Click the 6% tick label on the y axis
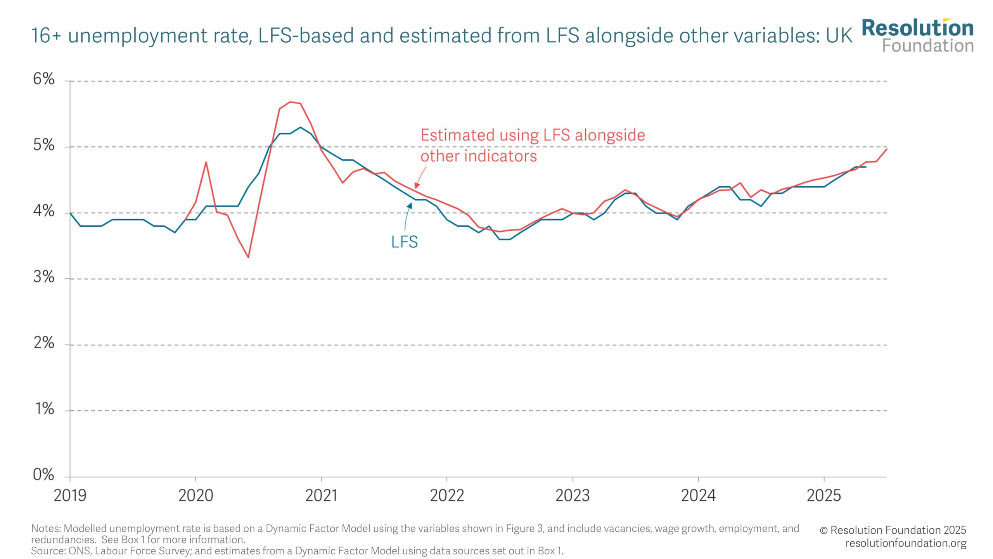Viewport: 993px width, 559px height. click(x=43, y=79)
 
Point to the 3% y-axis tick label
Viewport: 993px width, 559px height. click(x=43, y=277)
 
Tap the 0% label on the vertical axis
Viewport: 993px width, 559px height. click(x=43, y=475)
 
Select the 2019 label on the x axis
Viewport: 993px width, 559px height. click(x=70, y=496)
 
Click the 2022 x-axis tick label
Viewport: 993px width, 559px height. click(x=447, y=496)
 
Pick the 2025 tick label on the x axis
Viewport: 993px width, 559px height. click(x=824, y=496)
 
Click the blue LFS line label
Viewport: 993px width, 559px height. click(x=404, y=242)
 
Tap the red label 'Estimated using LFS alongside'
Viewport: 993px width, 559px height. click(x=533, y=135)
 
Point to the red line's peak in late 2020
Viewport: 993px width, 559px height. click(x=290, y=102)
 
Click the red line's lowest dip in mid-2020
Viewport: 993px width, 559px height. click(x=248, y=257)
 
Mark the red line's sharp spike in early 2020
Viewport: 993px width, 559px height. click(x=206, y=162)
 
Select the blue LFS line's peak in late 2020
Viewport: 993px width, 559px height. click(x=300, y=127)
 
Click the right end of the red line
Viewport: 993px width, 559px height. click(x=887, y=149)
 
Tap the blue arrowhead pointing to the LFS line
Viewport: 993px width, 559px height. click(x=410, y=206)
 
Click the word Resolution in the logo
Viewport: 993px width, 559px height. click(x=917, y=28)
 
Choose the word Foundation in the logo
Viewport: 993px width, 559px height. click(x=928, y=46)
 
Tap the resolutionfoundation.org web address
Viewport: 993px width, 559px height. click(x=906, y=543)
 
